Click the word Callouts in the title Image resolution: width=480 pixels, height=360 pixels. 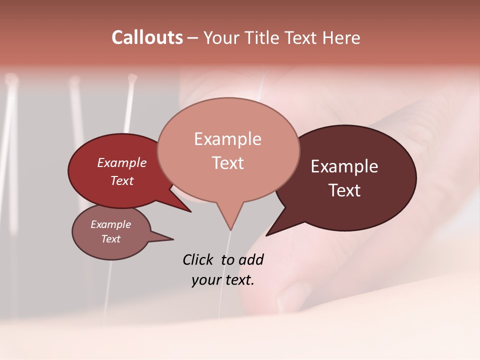point(147,37)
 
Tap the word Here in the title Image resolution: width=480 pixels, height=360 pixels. point(341,37)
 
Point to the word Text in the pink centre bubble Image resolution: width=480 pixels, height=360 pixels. point(227,162)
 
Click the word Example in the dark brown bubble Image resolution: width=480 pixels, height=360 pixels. point(344,166)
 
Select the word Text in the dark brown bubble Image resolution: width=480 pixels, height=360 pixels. point(344,190)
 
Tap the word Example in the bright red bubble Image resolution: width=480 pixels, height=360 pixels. point(122,162)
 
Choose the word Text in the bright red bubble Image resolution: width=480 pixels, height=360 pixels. point(122,180)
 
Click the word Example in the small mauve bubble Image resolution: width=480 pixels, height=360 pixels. point(110,224)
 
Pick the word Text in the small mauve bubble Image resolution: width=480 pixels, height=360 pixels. point(110,239)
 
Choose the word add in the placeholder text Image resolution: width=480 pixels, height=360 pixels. point(250,259)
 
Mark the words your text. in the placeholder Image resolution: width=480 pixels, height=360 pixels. point(223,280)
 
